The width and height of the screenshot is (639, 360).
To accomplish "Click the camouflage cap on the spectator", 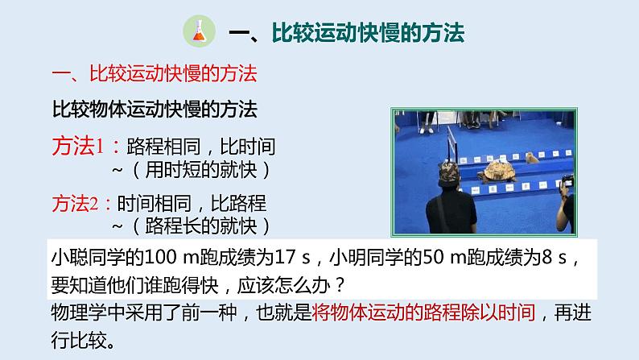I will (447, 172).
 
